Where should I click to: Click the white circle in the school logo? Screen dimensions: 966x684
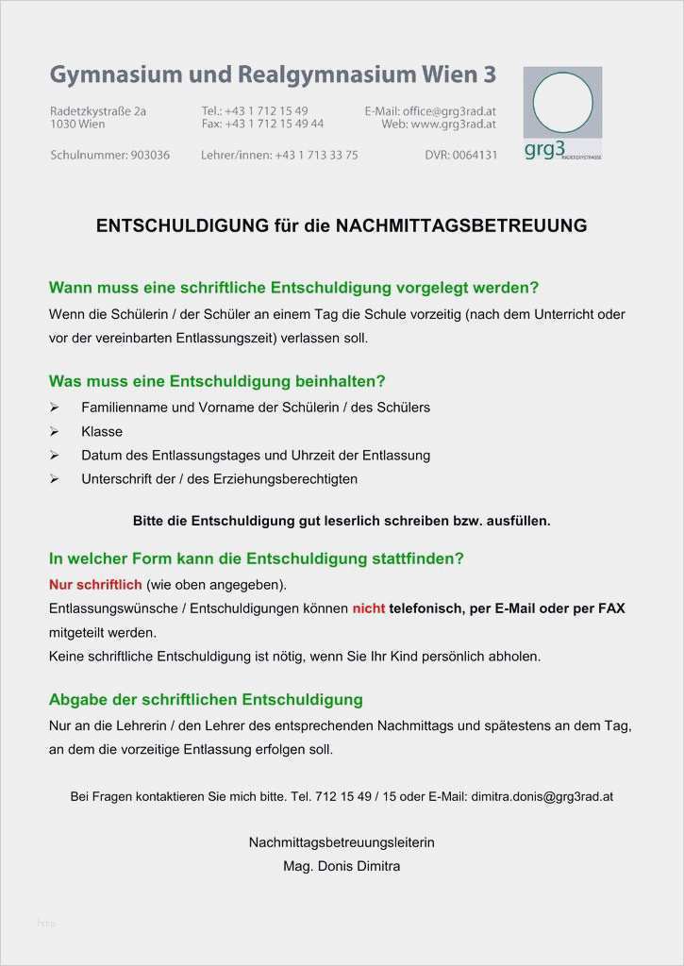(563, 102)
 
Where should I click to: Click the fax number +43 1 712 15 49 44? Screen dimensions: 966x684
(275, 124)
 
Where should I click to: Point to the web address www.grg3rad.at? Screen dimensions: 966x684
(454, 124)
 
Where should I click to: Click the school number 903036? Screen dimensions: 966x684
(149, 155)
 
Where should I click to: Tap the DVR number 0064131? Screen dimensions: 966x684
(475, 155)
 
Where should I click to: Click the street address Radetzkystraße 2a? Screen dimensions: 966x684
(98, 110)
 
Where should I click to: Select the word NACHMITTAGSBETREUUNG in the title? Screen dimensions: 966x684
(461, 225)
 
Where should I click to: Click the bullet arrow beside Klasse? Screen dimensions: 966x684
(55, 431)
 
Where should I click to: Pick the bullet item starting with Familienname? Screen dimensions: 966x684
(255, 408)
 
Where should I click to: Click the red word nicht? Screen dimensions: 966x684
(369, 608)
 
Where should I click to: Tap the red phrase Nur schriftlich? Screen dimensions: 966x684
(95, 584)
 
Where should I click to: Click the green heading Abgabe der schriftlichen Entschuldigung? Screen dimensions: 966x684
(206, 700)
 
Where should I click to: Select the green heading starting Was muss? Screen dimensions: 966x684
(217, 382)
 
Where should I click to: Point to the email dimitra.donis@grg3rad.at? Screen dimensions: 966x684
(542, 796)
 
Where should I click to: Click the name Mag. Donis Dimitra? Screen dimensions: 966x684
(342, 865)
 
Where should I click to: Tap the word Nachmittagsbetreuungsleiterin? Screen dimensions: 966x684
(342, 841)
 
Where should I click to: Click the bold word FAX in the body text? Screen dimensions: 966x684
(611, 608)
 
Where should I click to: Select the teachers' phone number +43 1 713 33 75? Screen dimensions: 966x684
(316, 155)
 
